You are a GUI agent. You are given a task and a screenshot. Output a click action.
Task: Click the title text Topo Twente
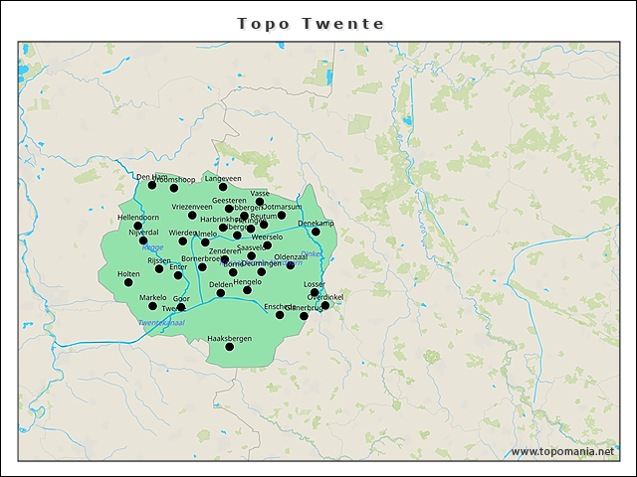[x=318, y=23]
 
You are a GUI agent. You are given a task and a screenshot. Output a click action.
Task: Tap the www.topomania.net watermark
[x=562, y=451]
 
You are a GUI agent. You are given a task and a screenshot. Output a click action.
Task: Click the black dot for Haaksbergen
[x=230, y=347]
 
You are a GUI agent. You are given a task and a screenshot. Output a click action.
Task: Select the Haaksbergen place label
[x=230, y=338]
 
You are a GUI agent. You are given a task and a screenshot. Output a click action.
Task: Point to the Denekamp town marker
[x=316, y=232]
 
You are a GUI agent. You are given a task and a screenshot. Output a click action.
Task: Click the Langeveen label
[x=223, y=178]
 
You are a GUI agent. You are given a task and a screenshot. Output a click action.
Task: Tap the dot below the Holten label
[x=128, y=282]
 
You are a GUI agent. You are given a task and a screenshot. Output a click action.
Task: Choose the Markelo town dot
[x=153, y=306]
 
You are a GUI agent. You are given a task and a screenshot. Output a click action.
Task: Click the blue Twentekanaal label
[x=161, y=323]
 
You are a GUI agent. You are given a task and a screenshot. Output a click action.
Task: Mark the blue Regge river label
[x=153, y=247]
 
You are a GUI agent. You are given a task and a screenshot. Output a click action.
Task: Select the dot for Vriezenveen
[x=192, y=215]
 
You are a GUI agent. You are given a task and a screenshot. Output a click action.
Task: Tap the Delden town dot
[x=221, y=293]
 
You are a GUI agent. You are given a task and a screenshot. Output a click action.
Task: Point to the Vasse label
[x=260, y=193]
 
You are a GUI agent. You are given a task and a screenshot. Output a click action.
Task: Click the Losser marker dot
[x=315, y=292]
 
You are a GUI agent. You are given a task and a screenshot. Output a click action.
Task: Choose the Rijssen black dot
[x=159, y=268]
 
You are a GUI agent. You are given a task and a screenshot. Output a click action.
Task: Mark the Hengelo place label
[x=247, y=281]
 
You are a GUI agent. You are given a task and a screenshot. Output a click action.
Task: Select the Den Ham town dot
[x=152, y=185]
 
